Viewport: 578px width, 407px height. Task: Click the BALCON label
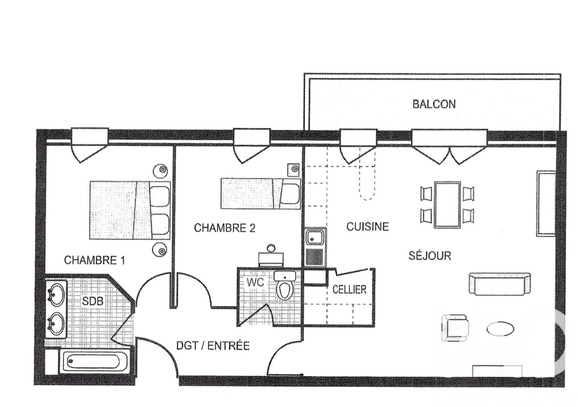click(434, 104)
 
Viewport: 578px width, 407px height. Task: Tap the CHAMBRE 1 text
click(94, 260)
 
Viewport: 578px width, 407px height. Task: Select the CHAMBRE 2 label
click(224, 228)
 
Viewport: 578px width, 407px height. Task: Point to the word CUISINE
click(367, 226)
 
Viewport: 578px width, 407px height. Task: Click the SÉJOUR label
click(430, 255)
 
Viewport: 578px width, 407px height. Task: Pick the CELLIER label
click(350, 289)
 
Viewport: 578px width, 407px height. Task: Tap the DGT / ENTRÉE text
click(213, 346)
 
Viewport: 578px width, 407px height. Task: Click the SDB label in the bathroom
click(93, 301)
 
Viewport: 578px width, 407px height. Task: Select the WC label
click(255, 282)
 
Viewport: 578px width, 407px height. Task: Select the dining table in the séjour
click(447, 205)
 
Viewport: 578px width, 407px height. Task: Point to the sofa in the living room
click(500, 284)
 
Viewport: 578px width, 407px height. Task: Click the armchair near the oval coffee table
click(455, 327)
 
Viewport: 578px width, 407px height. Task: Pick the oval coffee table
click(500, 329)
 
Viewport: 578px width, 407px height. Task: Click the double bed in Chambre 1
click(130, 210)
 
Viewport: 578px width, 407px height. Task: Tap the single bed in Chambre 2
click(260, 194)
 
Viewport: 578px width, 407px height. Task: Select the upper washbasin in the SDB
click(56, 295)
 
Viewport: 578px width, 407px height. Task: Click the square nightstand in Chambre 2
click(294, 169)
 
